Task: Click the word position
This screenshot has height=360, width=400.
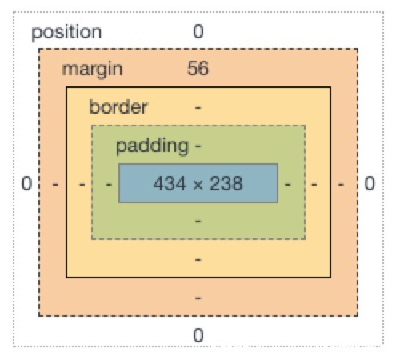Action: [66, 33]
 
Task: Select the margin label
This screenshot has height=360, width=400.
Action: [92, 70]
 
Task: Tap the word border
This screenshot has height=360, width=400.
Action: [118, 106]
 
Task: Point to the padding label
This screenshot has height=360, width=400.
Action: [152, 146]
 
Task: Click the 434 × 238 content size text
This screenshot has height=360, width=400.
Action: [198, 183]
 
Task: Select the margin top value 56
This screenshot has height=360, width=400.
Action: [198, 69]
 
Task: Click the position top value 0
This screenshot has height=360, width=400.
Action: [198, 32]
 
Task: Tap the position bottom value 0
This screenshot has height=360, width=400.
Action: [198, 335]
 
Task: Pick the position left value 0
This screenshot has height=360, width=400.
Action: [26, 183]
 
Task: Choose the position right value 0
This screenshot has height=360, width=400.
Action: [370, 183]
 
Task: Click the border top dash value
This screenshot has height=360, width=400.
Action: [198, 108]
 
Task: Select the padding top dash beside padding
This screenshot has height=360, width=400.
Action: [198, 146]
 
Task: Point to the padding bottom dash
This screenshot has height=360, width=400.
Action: [198, 222]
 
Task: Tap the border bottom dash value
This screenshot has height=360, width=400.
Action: [198, 259]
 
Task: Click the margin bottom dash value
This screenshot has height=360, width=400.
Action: [198, 298]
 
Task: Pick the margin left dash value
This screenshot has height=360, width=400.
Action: [55, 184]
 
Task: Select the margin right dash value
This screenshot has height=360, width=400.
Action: [341, 184]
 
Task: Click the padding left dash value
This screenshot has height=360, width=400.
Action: [109, 184]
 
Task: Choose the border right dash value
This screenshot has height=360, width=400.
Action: [314, 184]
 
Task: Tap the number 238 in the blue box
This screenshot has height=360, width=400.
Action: [226, 183]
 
